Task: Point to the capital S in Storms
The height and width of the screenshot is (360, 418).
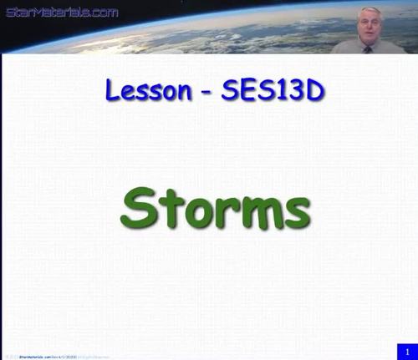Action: click(x=140, y=203)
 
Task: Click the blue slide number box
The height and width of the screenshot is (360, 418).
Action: click(x=406, y=351)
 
